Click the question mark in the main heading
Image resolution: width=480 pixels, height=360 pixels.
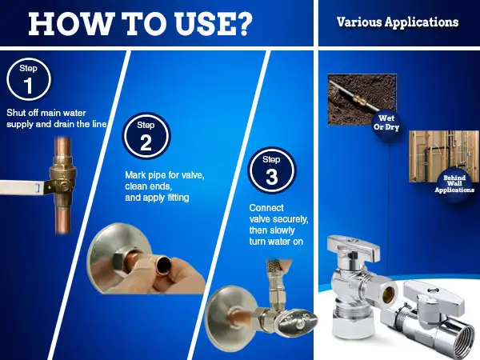(244, 24)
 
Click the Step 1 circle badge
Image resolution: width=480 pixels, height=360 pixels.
(29, 79)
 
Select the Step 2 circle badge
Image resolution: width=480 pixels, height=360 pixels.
(146, 136)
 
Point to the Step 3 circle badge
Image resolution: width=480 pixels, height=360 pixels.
(272, 170)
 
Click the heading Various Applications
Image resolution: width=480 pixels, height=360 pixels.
(398, 22)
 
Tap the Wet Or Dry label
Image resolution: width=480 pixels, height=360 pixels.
(386, 122)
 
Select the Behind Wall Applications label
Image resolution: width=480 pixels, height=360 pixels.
(454, 184)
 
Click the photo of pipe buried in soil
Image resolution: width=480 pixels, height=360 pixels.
(362, 99)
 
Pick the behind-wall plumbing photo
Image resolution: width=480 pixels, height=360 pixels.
(444, 157)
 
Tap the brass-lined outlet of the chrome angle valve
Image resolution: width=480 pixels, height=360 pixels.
(388, 294)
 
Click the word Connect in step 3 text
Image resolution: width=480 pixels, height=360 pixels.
(266, 208)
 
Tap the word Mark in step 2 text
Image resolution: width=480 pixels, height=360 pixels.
(135, 174)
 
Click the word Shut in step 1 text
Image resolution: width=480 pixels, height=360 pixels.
(16, 113)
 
